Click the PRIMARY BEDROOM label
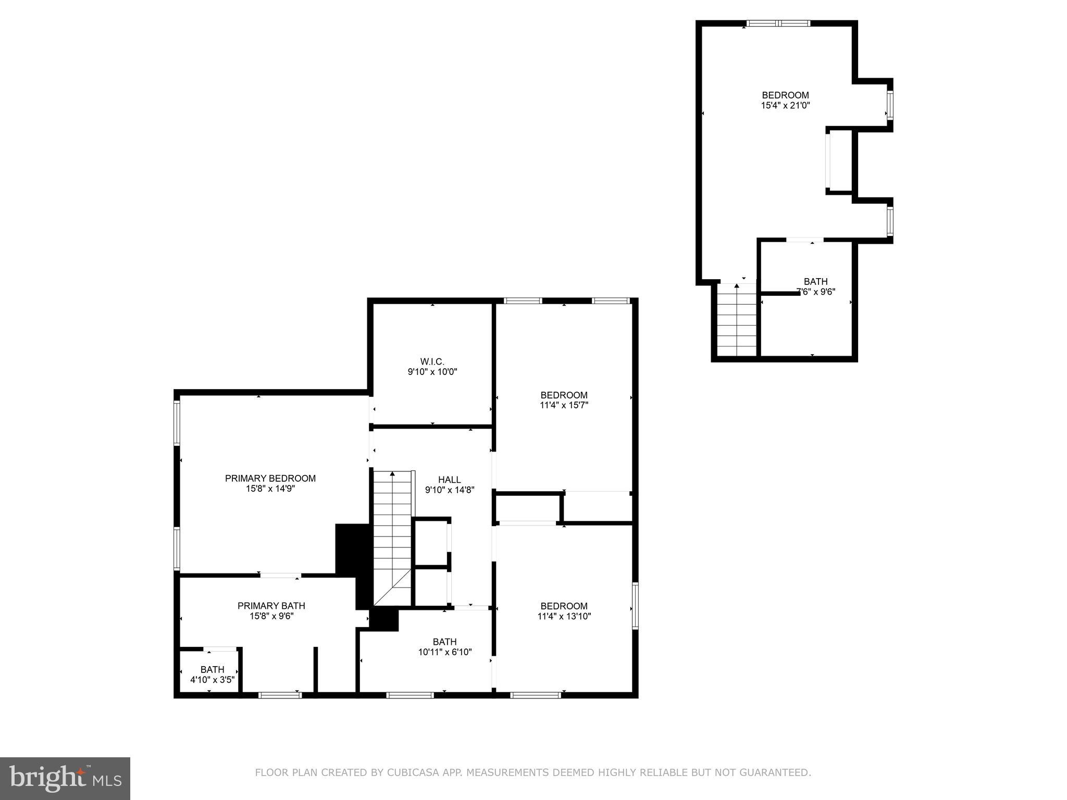[270, 478]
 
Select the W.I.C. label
[432, 361]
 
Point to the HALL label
[449, 480]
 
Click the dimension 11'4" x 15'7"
[564, 405]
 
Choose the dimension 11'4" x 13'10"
[564, 616]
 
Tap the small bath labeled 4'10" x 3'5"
[212, 674]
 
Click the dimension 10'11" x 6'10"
[444, 652]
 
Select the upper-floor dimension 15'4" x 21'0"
[785, 105]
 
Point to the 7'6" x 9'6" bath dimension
[816, 292]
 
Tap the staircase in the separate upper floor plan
[737, 320]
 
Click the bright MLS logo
[65, 778]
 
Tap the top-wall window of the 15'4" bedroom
[778, 23]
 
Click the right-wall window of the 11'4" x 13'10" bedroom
[635, 605]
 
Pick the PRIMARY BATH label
[271, 606]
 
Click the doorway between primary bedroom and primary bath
[280, 576]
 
